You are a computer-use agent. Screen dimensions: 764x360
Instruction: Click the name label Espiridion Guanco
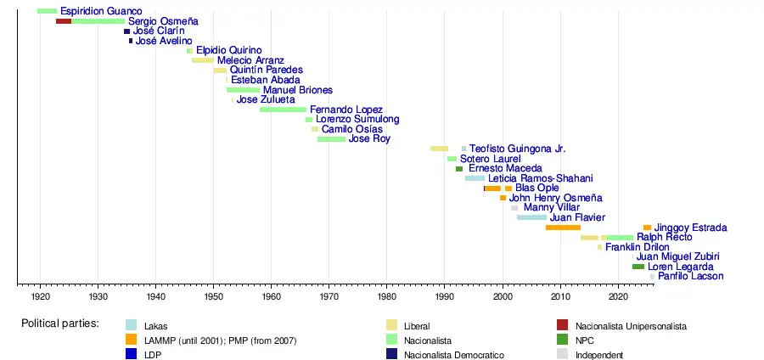[x=101, y=11]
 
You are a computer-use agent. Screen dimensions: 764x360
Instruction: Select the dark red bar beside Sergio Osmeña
[x=64, y=21]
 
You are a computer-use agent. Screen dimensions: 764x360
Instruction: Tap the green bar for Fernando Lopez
[x=283, y=110]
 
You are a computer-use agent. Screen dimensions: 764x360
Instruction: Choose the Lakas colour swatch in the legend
[x=131, y=326]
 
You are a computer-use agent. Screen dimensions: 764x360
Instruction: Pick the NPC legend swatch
[x=563, y=340]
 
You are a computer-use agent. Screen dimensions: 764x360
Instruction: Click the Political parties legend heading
[x=60, y=323]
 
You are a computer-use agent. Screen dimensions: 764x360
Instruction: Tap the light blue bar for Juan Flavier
[x=531, y=217]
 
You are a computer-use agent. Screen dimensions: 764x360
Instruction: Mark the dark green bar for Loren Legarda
[x=638, y=267]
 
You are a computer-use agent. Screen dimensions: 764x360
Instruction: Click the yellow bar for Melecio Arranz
[x=203, y=60]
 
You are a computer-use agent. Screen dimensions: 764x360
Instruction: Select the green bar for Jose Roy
[x=331, y=139]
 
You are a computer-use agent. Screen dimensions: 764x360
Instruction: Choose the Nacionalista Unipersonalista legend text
[x=631, y=326]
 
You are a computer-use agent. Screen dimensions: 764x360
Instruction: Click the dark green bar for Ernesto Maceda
[x=459, y=169]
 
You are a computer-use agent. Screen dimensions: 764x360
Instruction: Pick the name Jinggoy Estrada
[x=690, y=228]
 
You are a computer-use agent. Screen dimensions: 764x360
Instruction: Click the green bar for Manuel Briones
[x=243, y=90]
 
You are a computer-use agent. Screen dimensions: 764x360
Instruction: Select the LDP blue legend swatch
[x=131, y=355]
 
